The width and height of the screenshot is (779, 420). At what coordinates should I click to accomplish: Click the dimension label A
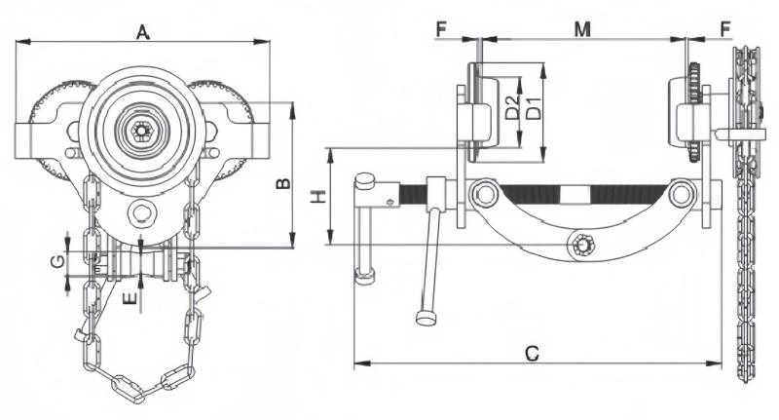pos(142,32)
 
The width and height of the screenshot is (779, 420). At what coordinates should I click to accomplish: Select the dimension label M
pos(582,30)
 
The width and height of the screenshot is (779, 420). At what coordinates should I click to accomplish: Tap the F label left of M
pos(441,30)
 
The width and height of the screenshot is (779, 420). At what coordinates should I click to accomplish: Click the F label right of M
pos(724,30)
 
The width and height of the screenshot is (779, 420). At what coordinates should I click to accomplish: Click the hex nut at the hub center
pos(142,131)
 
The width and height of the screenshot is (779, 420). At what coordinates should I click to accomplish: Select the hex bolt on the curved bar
pos(583,245)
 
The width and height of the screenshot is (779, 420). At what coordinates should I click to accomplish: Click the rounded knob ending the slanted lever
pos(426,317)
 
